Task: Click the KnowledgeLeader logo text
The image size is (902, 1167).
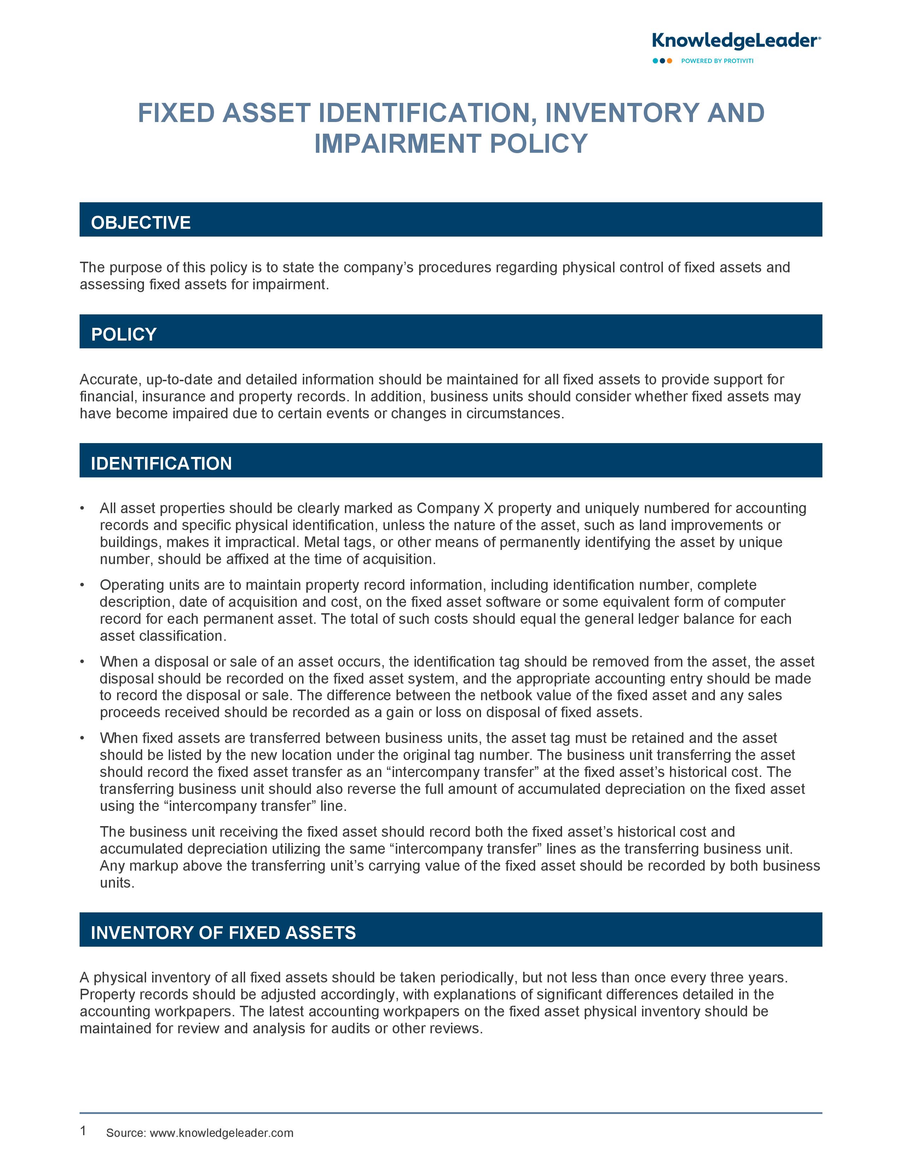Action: (x=735, y=41)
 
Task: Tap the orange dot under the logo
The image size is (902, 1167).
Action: (x=670, y=61)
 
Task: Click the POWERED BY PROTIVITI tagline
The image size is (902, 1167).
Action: (x=717, y=61)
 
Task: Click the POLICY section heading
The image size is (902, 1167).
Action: (x=123, y=335)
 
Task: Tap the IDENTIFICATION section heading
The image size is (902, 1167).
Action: (x=161, y=463)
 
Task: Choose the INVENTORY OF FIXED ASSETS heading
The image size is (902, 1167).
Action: (x=223, y=933)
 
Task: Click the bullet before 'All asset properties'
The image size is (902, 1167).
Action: (x=82, y=508)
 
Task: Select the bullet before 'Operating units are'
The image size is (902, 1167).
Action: (x=82, y=585)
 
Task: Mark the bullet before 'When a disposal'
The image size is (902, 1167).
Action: (x=82, y=662)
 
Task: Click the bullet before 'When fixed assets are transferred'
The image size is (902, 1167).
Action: (x=82, y=738)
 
